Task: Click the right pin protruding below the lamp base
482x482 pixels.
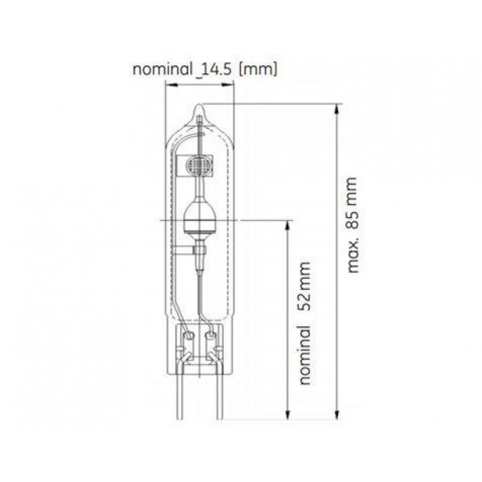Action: (x=216, y=400)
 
